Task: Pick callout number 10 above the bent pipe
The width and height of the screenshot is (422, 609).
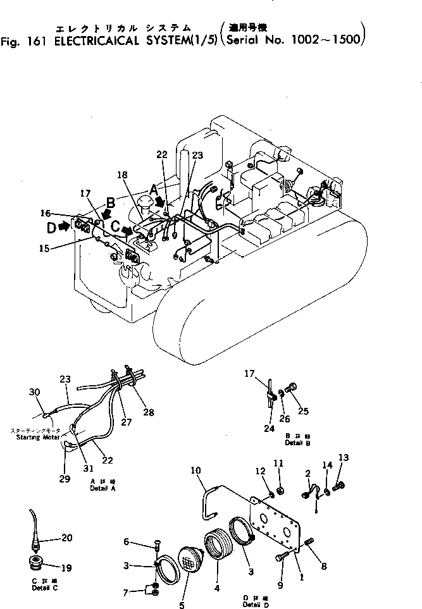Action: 196,471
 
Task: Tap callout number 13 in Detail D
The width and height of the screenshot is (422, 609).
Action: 344,457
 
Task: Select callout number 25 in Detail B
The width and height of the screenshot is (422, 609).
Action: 303,411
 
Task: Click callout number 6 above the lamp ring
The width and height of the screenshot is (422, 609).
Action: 127,541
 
